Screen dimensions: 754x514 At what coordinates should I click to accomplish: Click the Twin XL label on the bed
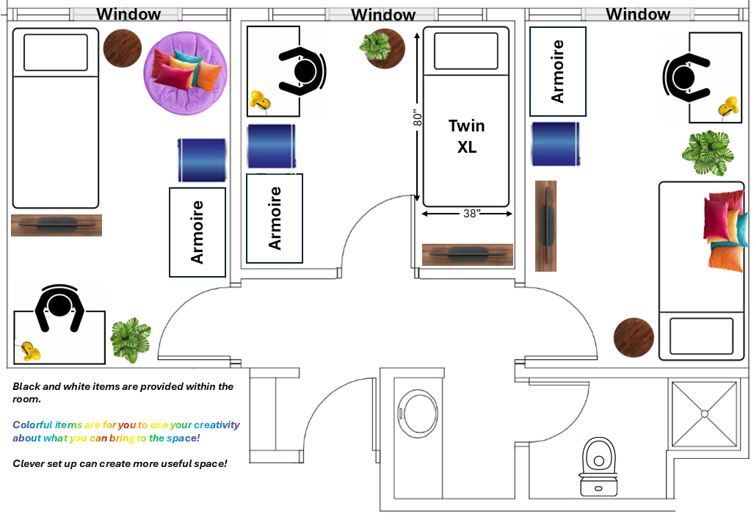pos(466,136)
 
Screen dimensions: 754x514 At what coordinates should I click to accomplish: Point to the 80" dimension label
pos(418,117)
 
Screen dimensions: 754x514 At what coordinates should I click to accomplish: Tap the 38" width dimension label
pos(472,213)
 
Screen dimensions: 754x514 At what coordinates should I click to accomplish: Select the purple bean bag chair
pos(186,73)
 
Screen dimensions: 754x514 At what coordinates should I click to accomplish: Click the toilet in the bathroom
pos(598,466)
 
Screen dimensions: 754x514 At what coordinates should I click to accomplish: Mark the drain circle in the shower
pos(705,413)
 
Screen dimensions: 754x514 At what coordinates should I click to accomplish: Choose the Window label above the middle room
pos(383,15)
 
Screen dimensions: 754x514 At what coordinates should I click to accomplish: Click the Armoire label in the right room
pos(557,71)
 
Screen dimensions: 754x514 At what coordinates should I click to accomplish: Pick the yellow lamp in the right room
pos(728,106)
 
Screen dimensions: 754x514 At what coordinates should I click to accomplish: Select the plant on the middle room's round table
pos(375,46)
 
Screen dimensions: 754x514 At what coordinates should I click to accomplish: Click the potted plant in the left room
pos(130,339)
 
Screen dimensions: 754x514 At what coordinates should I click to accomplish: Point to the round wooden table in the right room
pos(634,337)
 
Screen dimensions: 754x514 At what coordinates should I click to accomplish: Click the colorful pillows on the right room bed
pos(725,230)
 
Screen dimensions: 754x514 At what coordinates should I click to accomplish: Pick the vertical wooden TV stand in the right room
pos(545,226)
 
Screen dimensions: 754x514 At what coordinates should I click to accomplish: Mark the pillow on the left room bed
pos(56,52)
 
